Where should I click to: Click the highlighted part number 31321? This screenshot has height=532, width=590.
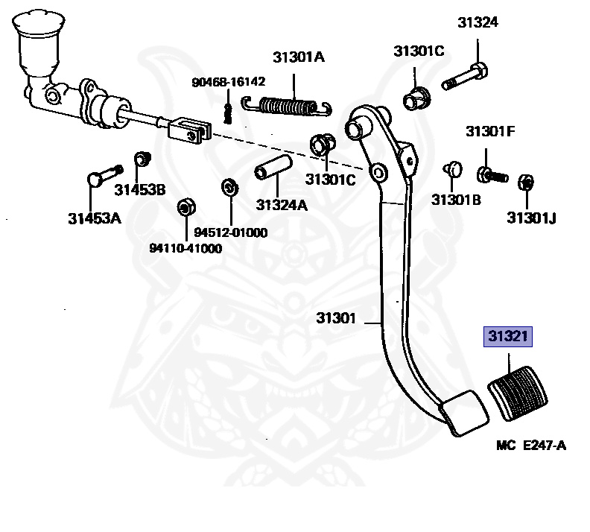coord(507,336)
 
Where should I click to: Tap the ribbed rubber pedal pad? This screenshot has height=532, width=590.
coord(518,393)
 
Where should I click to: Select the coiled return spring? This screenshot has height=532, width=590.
coord(287,105)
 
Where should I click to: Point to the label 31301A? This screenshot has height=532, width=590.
coord(299,57)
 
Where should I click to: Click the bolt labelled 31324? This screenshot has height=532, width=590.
coord(465,78)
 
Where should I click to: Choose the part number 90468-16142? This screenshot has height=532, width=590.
coord(229,82)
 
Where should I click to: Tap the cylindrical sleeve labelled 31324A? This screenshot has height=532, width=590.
coord(273,168)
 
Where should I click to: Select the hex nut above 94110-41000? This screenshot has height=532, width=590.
coord(186,207)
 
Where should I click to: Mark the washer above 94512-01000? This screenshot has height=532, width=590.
coord(229,187)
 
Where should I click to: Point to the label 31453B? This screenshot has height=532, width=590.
coord(140,190)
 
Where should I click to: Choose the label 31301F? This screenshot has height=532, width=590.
coord(490,131)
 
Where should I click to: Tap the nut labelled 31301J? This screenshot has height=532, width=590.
coord(526,183)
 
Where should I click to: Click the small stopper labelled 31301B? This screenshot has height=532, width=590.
coord(452,169)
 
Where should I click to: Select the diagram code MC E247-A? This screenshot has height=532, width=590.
coord(531,446)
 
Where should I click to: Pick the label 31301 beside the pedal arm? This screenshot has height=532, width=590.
coord(336,318)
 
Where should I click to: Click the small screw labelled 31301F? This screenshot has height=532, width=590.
coord(492,175)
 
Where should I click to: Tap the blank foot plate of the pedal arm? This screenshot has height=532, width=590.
coord(463,413)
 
